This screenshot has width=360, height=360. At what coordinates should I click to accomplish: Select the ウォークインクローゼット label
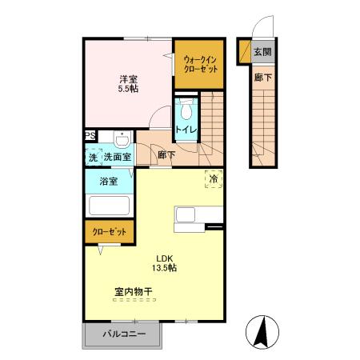click(198, 64)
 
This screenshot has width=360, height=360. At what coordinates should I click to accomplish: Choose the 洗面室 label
click(117, 157)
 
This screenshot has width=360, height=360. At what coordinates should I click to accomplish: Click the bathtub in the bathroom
click(110, 206)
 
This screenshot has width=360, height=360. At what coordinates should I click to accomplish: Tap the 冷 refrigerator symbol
click(214, 180)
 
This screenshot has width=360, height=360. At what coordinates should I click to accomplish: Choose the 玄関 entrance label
click(262, 52)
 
